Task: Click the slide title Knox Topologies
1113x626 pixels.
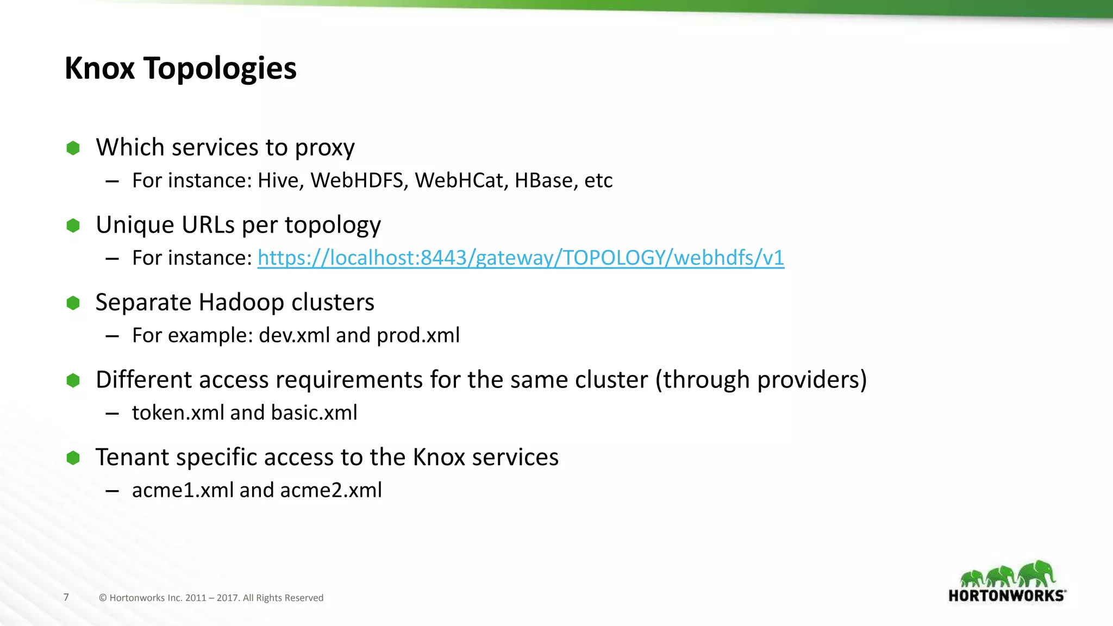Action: [x=180, y=68]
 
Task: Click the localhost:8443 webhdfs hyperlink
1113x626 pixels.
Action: [x=521, y=258]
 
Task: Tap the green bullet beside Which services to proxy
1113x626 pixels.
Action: [x=73, y=148]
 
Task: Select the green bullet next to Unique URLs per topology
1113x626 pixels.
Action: [x=73, y=226]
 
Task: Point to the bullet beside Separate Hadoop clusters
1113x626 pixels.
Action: [x=73, y=303]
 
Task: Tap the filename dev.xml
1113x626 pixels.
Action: [x=294, y=335]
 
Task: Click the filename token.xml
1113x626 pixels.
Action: [x=178, y=413]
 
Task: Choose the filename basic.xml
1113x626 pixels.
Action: [x=314, y=413]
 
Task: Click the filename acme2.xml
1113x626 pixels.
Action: [x=331, y=490]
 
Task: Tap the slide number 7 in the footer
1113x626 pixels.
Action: [x=66, y=597]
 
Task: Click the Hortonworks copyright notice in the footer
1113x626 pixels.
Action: [x=211, y=598]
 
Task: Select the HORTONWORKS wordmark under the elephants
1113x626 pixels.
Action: [x=1006, y=596]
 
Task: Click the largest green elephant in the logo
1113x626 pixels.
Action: [x=1036, y=574]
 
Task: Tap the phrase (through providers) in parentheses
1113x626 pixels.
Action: [x=761, y=379]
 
